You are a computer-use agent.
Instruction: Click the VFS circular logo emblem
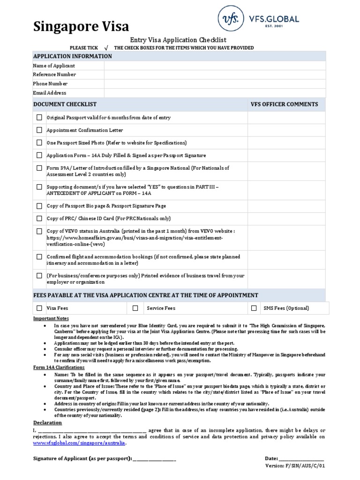[x=231, y=19]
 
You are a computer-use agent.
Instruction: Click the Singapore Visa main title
[x=81, y=27]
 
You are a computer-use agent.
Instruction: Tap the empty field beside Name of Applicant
[x=215, y=66]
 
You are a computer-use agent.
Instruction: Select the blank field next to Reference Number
[x=215, y=75]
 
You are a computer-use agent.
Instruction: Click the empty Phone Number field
[x=215, y=83]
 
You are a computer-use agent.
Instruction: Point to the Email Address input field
[x=215, y=93]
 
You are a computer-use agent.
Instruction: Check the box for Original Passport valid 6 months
[x=39, y=118]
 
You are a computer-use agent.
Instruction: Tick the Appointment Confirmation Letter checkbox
[x=39, y=130]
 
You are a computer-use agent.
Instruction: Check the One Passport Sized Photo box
[x=39, y=142]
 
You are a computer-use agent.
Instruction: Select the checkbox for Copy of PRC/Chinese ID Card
[x=39, y=218]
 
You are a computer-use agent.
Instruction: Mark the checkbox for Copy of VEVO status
[x=39, y=231]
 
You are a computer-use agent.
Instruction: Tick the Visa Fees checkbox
[x=39, y=308]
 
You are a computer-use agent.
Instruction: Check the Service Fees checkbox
[x=135, y=308]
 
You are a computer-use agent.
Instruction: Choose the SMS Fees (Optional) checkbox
[x=254, y=308]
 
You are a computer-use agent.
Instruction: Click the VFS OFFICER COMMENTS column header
[x=285, y=105]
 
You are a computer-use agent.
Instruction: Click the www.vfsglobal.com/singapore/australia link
[x=79, y=443]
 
